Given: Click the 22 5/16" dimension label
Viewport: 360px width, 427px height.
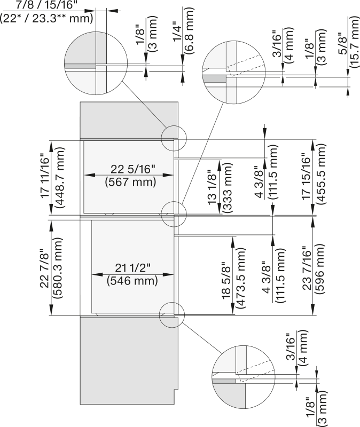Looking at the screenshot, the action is pos(132,169).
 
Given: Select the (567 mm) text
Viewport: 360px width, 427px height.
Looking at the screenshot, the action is pos(130,182).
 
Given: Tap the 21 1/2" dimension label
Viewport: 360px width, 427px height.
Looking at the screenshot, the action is pos(132,268).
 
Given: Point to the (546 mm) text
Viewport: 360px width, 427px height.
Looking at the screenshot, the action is pos(132,281).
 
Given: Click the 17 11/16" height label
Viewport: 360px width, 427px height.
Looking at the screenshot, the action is pos(45,176).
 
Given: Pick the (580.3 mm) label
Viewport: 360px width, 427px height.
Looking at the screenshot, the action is pos(58,268).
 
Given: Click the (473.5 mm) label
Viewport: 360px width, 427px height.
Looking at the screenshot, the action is pos(241,278).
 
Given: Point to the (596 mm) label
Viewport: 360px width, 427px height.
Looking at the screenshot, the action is pos(319,268).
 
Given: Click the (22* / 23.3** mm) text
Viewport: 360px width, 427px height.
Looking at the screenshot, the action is pos(46,19).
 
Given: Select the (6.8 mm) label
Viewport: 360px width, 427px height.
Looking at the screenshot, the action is pos(189,30).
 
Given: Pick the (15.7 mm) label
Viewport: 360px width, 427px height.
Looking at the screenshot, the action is pos(354,42).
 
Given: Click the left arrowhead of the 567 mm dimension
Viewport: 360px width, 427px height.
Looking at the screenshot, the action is pos(89,175).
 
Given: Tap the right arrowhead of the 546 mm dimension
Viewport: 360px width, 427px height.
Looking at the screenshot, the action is pos(169,274).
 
